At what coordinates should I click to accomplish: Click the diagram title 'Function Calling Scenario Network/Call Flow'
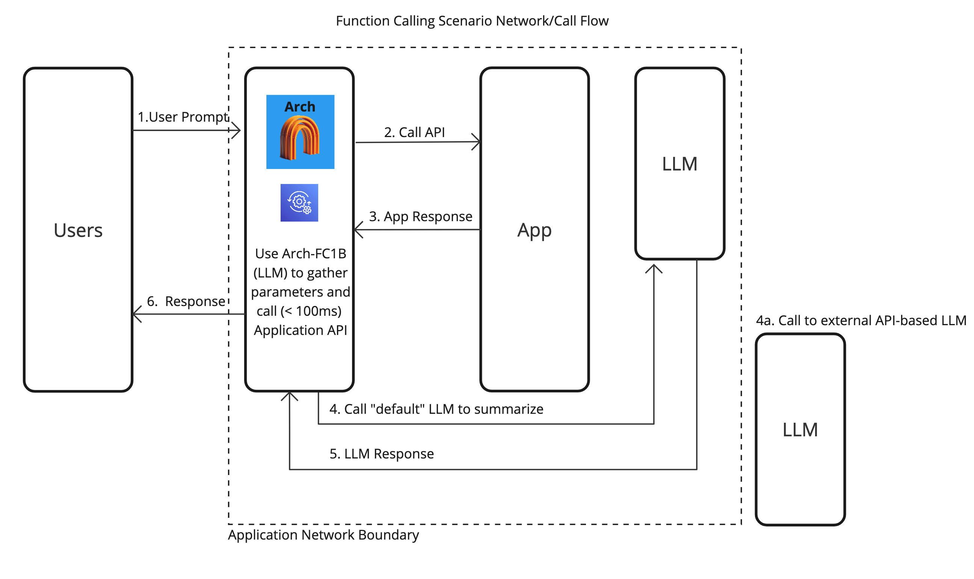[x=472, y=21]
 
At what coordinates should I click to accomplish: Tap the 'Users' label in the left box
[x=78, y=230]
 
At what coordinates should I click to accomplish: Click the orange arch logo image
[x=300, y=138]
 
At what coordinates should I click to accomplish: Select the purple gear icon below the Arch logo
[x=299, y=203]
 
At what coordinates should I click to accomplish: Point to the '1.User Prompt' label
[x=183, y=117]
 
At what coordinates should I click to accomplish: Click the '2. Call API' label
[x=414, y=132]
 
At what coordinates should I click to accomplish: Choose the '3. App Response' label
[x=420, y=216]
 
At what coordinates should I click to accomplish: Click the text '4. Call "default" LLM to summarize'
[x=436, y=409]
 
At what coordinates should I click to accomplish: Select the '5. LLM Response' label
[x=381, y=454]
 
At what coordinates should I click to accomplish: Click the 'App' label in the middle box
[x=534, y=230]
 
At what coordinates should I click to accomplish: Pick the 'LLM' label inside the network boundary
[x=679, y=164]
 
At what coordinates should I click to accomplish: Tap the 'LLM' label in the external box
[x=800, y=430]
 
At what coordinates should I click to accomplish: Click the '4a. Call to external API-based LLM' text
[x=861, y=320]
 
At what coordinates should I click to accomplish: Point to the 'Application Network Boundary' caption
[x=323, y=535]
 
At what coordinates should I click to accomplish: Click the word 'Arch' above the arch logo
[x=299, y=107]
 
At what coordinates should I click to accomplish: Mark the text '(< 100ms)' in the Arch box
[x=311, y=311]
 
